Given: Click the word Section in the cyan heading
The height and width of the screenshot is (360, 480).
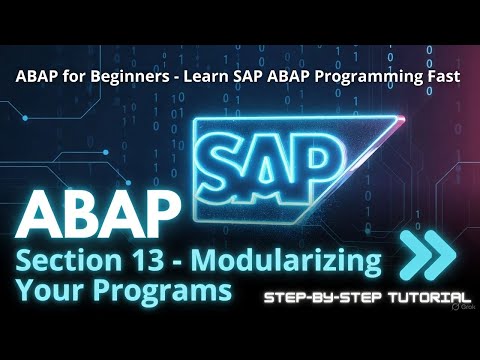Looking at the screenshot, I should coord(69,263).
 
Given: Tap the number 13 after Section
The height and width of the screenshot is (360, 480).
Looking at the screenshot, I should coord(159,263).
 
